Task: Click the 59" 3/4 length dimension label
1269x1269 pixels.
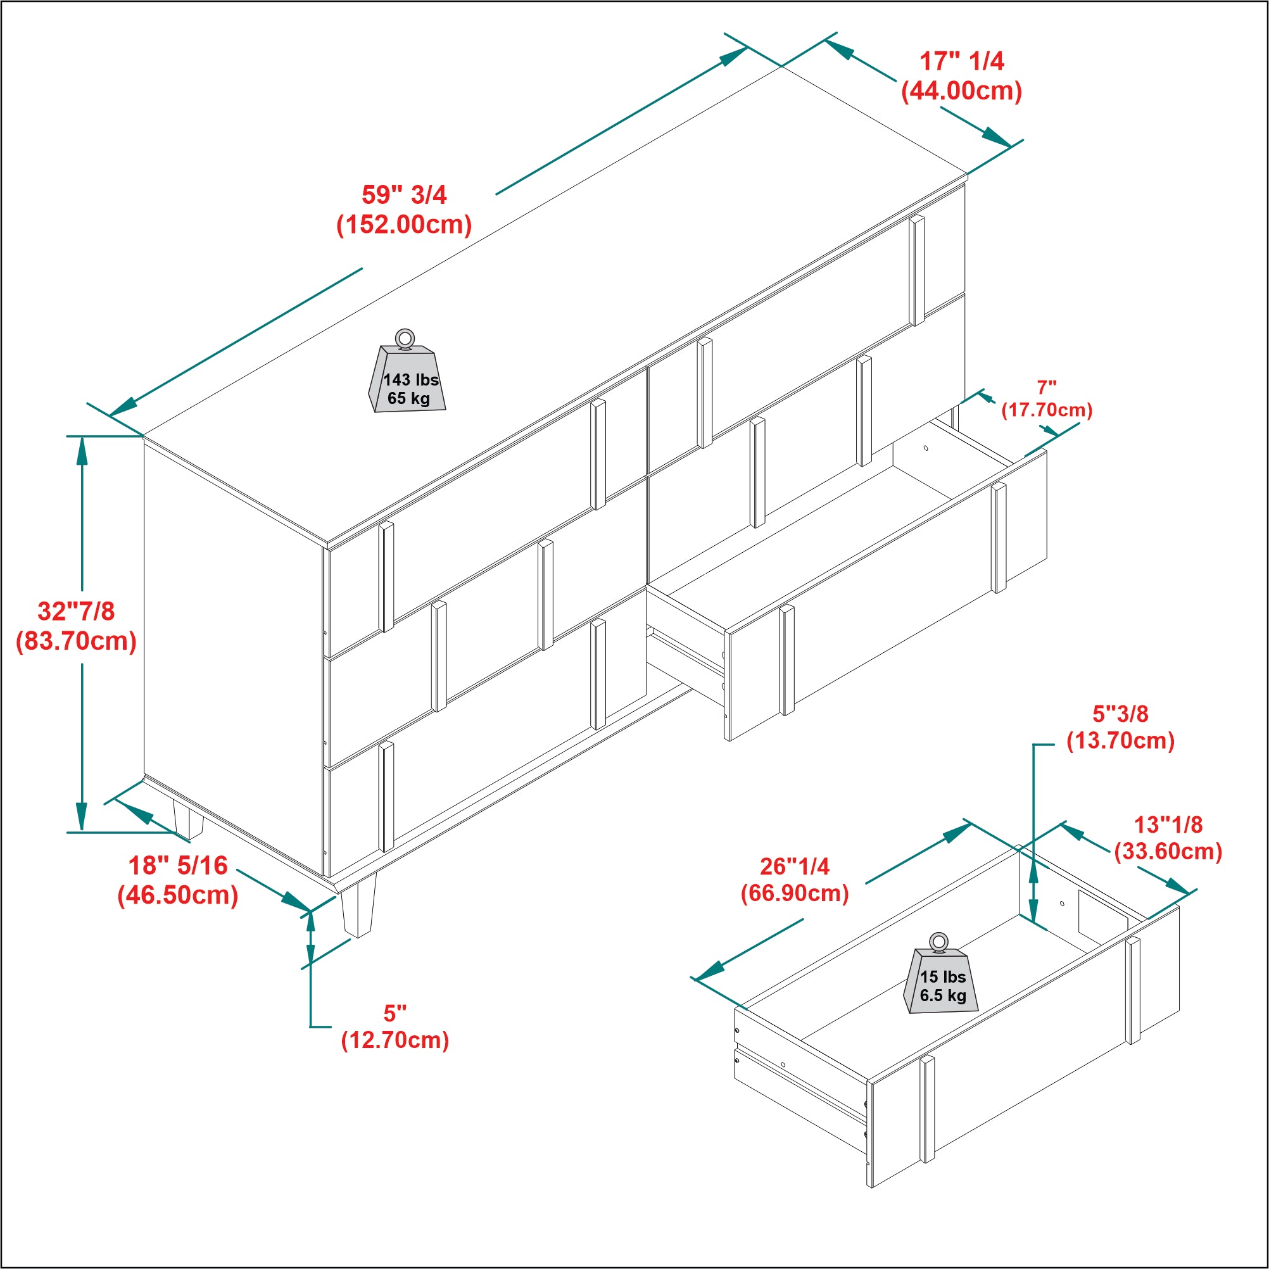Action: (404, 194)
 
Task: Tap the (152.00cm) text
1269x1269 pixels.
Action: (404, 225)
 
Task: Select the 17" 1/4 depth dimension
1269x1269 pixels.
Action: (962, 61)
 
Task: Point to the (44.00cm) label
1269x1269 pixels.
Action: (962, 91)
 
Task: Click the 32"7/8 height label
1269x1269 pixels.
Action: (76, 611)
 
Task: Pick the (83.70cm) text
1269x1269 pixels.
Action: (76, 641)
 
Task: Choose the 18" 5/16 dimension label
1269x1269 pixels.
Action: (178, 866)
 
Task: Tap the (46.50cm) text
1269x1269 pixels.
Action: (178, 895)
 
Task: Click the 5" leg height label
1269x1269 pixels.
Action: (395, 1014)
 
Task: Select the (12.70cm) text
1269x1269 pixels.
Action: (395, 1040)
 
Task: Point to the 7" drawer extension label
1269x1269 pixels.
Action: (1046, 388)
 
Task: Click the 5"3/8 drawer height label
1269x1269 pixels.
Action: (1121, 714)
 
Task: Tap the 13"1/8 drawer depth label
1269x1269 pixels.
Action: (1168, 824)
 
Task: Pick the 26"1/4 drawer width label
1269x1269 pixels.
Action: (795, 866)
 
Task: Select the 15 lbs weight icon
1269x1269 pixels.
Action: (941, 973)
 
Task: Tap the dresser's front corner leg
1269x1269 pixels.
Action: (358, 905)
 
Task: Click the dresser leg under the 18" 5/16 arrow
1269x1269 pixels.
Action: (188, 820)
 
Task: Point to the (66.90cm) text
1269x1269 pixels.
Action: (795, 893)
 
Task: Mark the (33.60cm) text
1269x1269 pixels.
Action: (1168, 851)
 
